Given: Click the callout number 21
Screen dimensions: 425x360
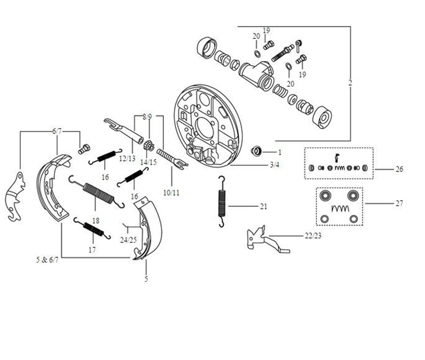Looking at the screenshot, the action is point(264,206).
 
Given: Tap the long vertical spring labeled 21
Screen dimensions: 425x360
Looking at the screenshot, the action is point(222,201).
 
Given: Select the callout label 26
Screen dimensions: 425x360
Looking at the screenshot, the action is point(399,170).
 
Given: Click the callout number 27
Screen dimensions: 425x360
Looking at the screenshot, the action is point(399,203).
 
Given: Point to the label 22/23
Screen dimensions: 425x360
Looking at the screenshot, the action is point(313,236).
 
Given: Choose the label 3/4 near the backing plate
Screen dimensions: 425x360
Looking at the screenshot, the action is point(274,164).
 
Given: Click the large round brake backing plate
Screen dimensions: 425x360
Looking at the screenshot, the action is point(208,125).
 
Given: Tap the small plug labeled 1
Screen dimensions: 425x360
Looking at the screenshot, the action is point(257,151).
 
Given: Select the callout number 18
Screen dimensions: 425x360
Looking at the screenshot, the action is point(96,220).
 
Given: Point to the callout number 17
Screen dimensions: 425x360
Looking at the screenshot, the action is point(92,250).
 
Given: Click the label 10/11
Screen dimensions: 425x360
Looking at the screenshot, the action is point(172,193).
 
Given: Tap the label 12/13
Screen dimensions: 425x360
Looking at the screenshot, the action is point(127,159).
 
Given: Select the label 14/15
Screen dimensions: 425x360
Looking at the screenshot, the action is point(148,162).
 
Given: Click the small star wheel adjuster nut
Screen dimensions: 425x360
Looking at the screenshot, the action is point(149,145).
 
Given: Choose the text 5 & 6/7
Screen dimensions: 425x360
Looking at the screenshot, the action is point(47,260).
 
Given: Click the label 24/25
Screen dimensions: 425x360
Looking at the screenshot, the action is point(128,240).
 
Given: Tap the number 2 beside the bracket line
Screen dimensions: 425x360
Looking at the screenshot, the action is point(350,83).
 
